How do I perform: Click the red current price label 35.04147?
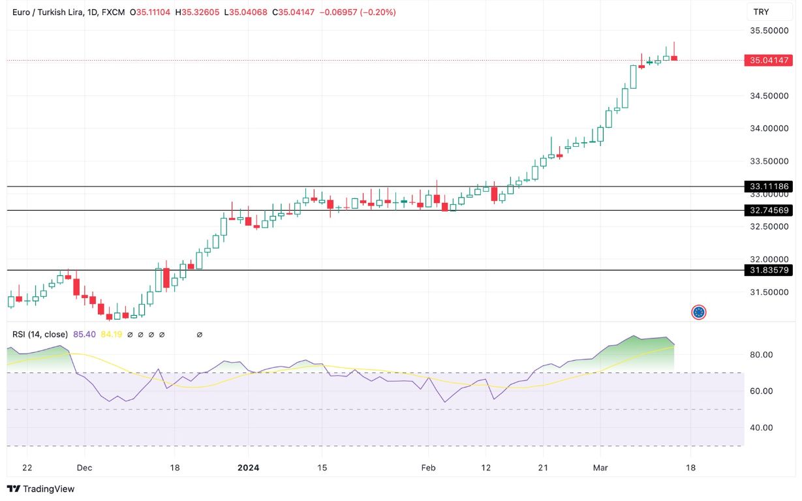click(x=769, y=61)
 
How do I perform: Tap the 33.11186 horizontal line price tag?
click(x=769, y=187)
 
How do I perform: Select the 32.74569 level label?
click(x=769, y=210)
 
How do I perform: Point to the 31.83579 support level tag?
click(x=769, y=270)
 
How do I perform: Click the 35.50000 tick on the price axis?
click(x=769, y=31)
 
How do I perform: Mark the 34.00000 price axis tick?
click(x=769, y=129)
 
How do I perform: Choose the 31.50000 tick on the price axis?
click(x=769, y=294)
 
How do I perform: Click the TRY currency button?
click(x=761, y=12)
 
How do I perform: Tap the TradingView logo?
click(x=40, y=489)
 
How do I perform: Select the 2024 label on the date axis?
click(x=248, y=468)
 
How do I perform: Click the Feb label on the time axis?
click(x=428, y=468)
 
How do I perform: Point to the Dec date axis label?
click(x=84, y=468)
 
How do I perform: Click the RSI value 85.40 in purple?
click(x=84, y=335)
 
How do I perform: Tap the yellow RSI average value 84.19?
click(x=111, y=335)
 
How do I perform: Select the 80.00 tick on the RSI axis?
click(x=761, y=355)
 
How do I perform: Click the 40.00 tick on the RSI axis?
click(x=761, y=428)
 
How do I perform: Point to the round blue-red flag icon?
click(x=699, y=312)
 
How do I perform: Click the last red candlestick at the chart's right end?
click(x=674, y=59)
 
